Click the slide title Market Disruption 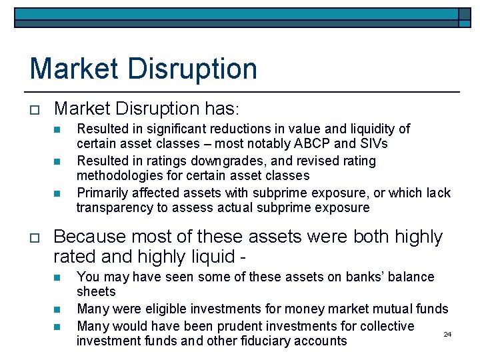tap(143, 69)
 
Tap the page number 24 tap(447, 334)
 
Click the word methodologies tap(119, 175)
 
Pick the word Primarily tap(103, 193)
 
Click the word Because tap(90, 237)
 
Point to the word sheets tap(96, 291)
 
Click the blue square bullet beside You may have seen tap(57, 277)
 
